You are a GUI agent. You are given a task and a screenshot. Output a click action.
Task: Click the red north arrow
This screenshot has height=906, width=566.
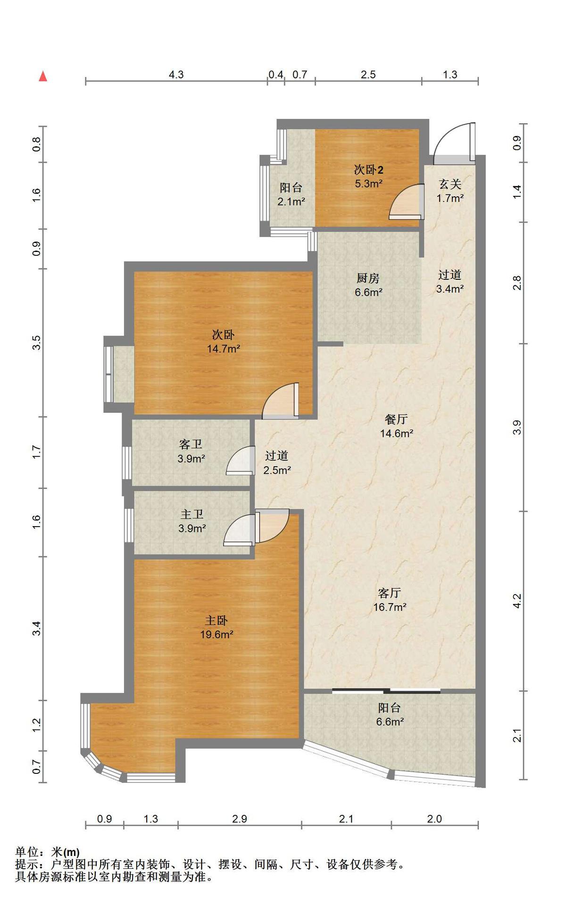(x=43, y=76)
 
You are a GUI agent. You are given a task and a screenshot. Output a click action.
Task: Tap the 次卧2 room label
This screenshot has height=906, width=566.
(x=368, y=169)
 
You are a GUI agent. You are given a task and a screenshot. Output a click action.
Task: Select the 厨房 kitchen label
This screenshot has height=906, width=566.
(x=368, y=278)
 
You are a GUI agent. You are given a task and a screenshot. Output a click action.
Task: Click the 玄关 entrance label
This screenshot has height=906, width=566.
(x=450, y=184)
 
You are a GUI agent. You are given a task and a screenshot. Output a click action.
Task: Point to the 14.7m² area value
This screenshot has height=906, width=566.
(x=224, y=349)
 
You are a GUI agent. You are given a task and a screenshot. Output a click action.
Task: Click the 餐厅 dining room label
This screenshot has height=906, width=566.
(x=396, y=419)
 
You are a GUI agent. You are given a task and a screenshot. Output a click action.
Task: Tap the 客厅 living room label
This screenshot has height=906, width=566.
(x=390, y=593)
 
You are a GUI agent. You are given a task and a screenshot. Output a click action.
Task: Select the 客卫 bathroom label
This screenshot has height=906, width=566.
(x=191, y=444)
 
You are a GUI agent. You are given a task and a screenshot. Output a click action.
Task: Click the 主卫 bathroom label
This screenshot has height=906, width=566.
(x=192, y=514)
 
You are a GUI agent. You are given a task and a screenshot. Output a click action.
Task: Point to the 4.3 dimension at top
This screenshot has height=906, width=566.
(x=176, y=75)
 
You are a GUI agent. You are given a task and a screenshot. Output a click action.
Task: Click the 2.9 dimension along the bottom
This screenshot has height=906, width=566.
(x=240, y=819)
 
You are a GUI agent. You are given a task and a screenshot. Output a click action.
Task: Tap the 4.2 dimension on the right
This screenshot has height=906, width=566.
(x=517, y=601)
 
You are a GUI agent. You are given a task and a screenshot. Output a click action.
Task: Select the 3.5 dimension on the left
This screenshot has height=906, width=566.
(x=37, y=342)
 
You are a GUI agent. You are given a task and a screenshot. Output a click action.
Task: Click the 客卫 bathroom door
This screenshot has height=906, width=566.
(x=240, y=460)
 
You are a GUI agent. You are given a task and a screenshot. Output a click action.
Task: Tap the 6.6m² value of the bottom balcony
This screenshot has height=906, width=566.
(x=390, y=721)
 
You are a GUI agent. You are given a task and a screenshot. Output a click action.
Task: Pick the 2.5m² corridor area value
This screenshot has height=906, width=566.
(x=277, y=470)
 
